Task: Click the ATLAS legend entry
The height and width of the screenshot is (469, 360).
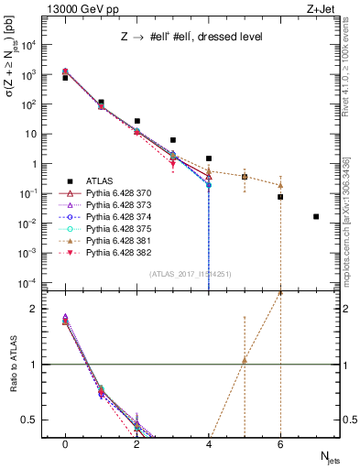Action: coord(100,181)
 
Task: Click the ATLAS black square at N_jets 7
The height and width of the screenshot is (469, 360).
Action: coord(316,217)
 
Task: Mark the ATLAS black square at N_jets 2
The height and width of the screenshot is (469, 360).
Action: coord(136,121)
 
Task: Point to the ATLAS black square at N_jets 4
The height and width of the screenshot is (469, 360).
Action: coord(209,158)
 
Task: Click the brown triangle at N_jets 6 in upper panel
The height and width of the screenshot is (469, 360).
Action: coord(280,185)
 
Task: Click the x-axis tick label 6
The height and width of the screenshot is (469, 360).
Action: coord(280,443)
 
